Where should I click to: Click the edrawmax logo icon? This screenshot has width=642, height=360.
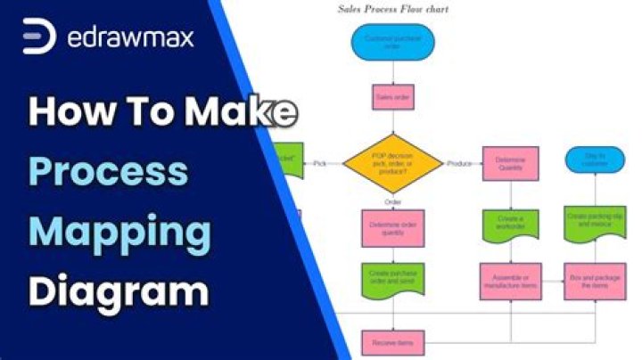click(39, 37)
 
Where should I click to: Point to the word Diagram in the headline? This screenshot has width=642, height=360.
click(118, 291)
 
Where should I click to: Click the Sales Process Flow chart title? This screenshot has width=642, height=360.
click(392, 10)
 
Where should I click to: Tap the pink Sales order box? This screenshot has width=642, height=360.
click(392, 97)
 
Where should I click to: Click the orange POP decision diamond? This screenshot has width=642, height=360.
click(392, 163)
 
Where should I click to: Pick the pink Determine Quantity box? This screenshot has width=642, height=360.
click(510, 164)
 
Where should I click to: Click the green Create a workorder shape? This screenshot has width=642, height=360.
click(510, 223)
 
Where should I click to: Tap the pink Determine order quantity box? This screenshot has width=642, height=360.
click(392, 227)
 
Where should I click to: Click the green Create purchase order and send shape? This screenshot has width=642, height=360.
click(392, 278)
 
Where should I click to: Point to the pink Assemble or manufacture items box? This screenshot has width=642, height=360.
click(510, 280)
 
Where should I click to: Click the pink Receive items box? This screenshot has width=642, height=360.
click(392, 341)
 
